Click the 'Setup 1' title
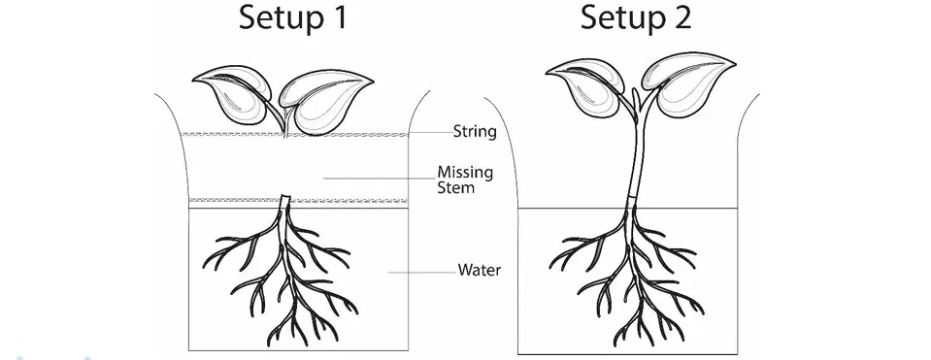(293, 17)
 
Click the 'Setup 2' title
(636, 17)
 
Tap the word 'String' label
(475, 131)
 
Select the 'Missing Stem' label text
(465, 180)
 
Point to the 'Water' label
(480, 271)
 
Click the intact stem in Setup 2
(637, 154)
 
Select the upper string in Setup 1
(294, 135)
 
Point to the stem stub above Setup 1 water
(285, 201)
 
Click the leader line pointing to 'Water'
(421, 273)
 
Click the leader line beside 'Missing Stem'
(379, 178)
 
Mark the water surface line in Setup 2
(627, 209)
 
